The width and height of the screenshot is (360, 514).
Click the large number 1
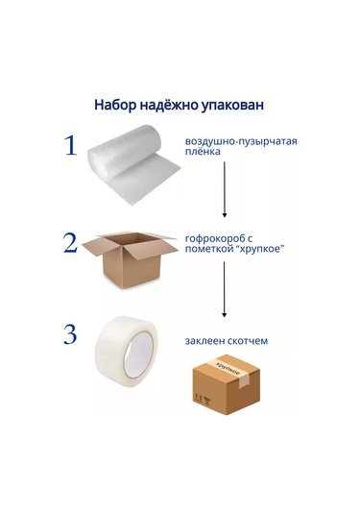coord(71,145)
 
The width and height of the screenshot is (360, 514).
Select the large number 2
coord(70,243)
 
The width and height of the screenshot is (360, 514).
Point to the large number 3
coord(70,334)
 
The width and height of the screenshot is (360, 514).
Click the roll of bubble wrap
coord(132,164)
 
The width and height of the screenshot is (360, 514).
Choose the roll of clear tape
coord(127,351)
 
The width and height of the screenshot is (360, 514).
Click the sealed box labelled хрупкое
coord(226,384)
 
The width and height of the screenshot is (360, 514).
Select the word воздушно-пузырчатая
coord(241,141)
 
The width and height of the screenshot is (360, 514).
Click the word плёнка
coord(203,152)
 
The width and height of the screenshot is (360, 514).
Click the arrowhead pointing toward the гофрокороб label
coord(225,215)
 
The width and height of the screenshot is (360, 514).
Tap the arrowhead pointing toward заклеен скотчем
coord(224,315)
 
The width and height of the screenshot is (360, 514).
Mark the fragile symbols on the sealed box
coord(203,399)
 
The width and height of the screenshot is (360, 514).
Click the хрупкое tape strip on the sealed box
coord(233,371)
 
